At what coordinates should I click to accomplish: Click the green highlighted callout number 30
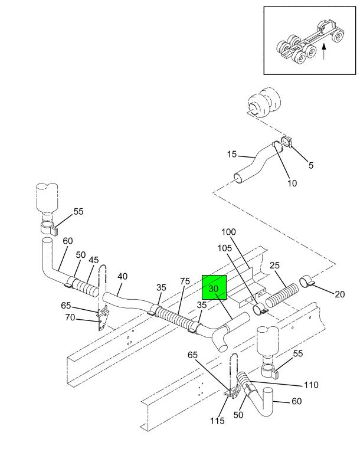214,289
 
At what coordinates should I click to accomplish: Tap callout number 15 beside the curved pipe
232,155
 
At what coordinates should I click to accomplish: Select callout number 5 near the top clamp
311,165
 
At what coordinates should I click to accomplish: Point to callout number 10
292,183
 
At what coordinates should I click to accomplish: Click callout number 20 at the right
340,294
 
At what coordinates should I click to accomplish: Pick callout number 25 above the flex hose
274,265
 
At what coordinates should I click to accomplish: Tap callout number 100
228,232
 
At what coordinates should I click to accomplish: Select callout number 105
224,248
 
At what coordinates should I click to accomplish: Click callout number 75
185,281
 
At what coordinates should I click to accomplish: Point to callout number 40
122,276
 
